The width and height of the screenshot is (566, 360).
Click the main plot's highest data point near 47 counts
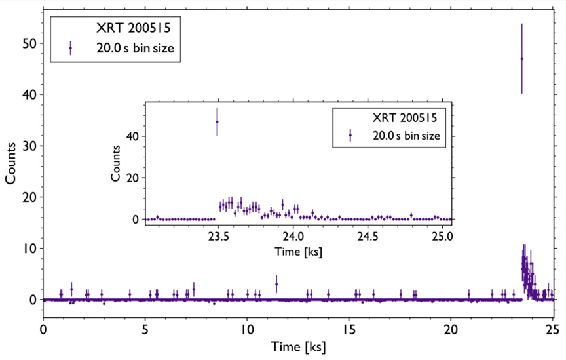coord(521,58)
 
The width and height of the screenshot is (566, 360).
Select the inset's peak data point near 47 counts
coord(217,122)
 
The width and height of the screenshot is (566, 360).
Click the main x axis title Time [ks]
coord(297,346)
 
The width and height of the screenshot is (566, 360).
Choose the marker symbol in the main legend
coord(70,48)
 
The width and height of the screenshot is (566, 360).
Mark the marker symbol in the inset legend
coord(350,136)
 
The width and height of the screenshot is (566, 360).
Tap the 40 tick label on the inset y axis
coord(135,136)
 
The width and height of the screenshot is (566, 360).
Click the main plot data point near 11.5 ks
coord(276,284)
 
